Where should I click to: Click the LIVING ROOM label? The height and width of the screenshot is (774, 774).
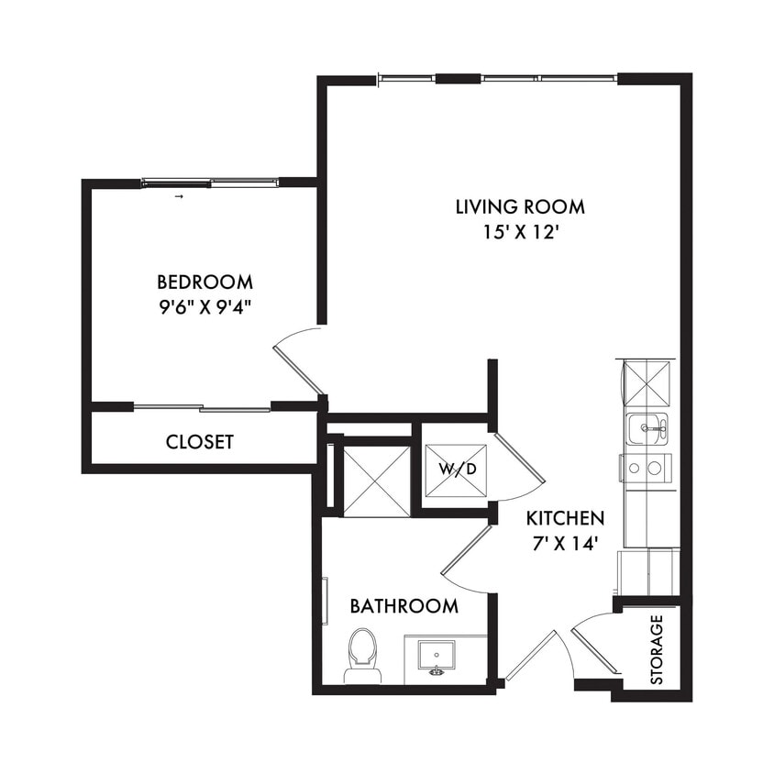point(519,206)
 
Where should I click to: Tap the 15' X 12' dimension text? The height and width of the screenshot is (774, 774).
point(519,232)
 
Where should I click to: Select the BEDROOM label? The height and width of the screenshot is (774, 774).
point(205,282)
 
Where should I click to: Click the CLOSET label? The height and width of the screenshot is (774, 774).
point(199,442)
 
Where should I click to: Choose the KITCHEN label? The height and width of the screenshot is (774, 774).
point(565,518)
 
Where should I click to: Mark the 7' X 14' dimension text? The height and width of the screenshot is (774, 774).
point(565,543)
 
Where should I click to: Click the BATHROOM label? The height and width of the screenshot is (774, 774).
point(404,606)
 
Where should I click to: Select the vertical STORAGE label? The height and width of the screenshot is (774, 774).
point(657,650)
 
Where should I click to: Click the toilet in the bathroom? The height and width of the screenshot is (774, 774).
point(362,655)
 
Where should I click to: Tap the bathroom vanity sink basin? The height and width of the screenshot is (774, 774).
point(437,656)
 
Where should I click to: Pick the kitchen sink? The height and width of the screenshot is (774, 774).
point(647,427)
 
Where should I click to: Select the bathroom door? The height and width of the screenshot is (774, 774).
point(466,559)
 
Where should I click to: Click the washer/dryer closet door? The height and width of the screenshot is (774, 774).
point(519,464)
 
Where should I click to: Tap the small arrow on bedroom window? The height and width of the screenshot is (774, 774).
point(179,196)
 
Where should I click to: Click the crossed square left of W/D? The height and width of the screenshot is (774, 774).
point(376,481)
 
